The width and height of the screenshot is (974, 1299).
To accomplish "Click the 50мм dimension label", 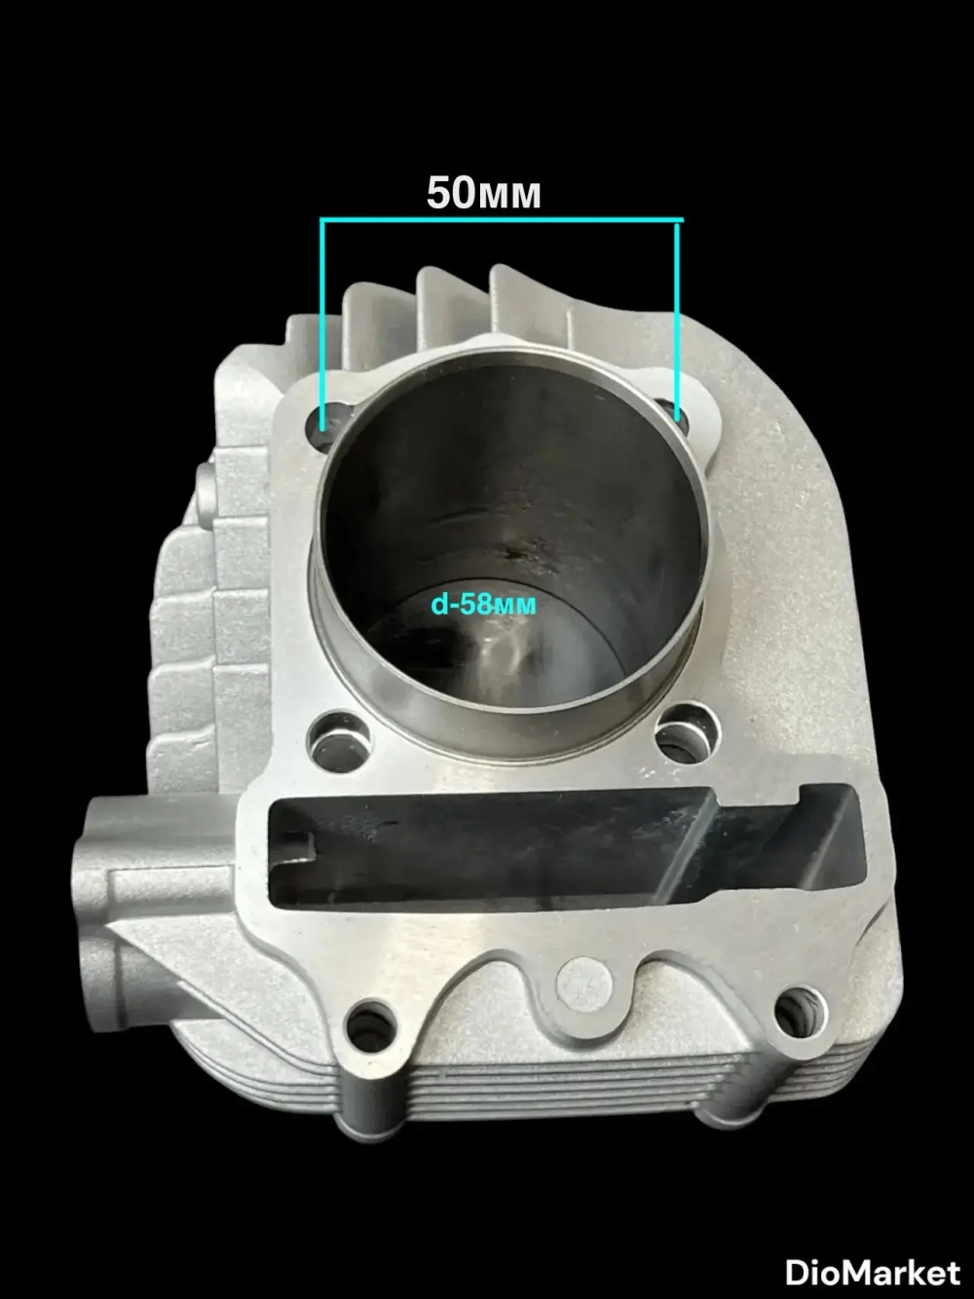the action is (x=483, y=194).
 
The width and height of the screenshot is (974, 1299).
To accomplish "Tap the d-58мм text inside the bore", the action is (x=484, y=605).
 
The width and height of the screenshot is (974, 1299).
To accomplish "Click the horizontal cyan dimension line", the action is (x=502, y=221).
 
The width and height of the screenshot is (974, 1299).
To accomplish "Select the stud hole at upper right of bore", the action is (x=675, y=414).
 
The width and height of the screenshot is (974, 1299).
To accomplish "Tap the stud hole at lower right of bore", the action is (x=687, y=731).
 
